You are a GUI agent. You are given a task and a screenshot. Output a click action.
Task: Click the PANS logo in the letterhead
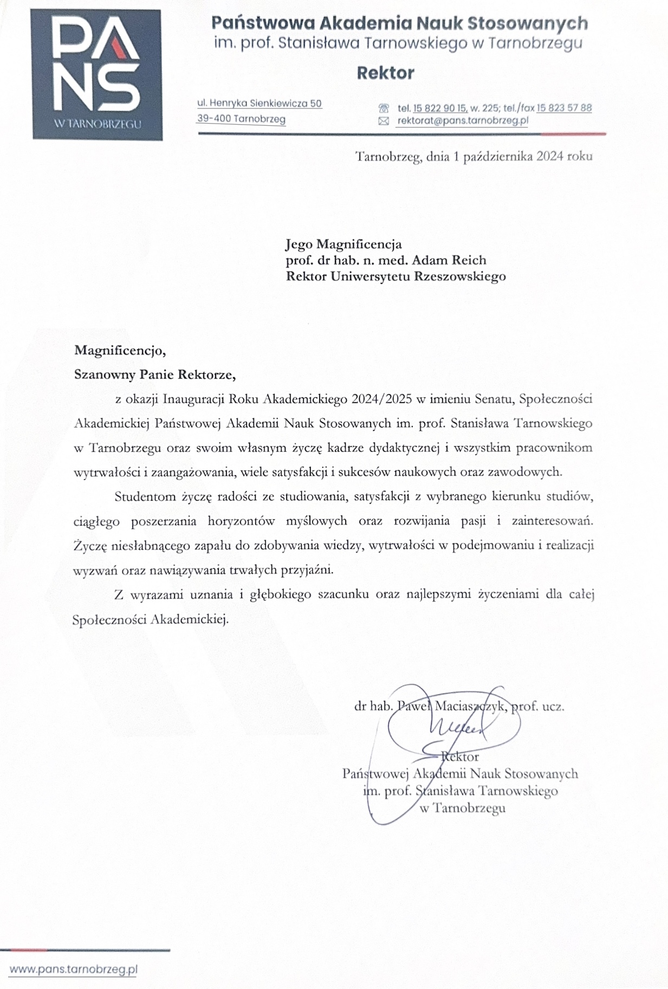point(96,75)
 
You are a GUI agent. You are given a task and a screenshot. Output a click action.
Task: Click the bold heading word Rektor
point(385,73)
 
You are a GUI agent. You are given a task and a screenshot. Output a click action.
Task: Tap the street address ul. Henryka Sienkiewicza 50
point(260,103)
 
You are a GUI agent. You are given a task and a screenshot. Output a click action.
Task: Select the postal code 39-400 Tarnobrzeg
point(241,119)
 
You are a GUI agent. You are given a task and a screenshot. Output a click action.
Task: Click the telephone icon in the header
point(384,108)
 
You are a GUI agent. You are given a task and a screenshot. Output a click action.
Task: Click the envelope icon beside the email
point(384,121)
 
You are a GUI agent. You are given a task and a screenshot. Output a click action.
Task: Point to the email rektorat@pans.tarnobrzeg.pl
point(462,121)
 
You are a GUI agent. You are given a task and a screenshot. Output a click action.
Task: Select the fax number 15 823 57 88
point(564,108)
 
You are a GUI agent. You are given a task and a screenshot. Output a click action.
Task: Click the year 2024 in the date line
point(549,157)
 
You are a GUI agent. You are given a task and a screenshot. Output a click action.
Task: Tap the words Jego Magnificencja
point(343,244)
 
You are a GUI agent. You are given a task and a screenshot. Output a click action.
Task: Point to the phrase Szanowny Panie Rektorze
point(155,374)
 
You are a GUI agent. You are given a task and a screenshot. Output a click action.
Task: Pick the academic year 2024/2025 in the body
point(381,399)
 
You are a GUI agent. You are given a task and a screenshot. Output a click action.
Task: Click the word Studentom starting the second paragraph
point(141,496)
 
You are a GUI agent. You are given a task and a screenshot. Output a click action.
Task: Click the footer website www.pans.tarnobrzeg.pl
point(73,969)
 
